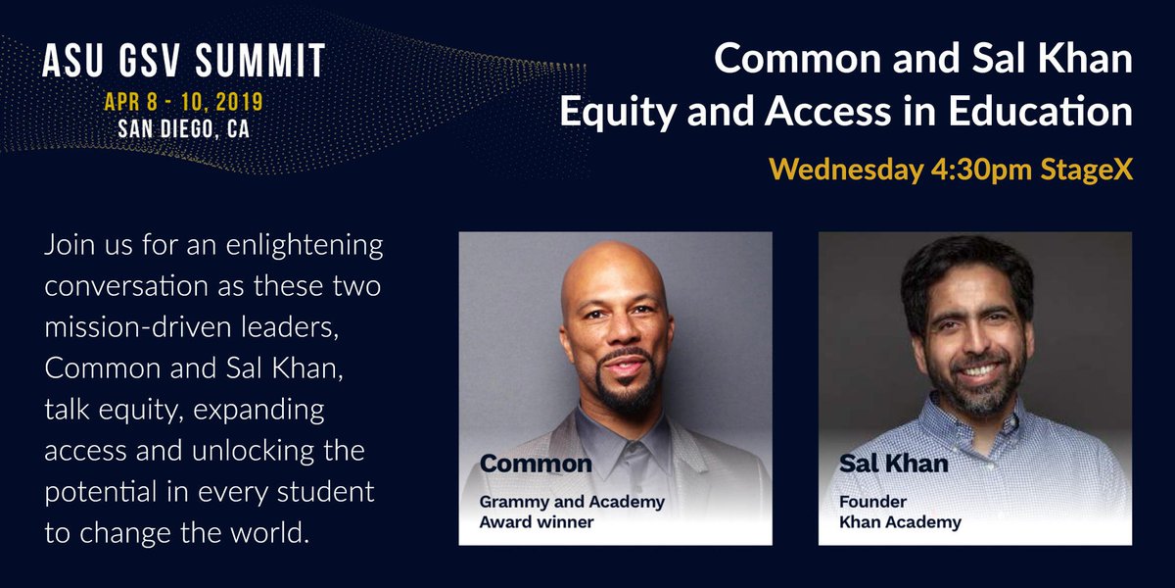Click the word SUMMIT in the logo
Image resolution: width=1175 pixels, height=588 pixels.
pos(260,61)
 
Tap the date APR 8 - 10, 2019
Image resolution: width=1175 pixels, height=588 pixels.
pos(184,102)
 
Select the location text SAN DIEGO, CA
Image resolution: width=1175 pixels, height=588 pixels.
pos(184,129)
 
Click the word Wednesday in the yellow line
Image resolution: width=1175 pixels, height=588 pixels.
pos(846,171)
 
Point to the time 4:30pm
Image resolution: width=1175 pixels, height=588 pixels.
pos(981,171)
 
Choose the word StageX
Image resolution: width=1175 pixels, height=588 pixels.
pos(1086,171)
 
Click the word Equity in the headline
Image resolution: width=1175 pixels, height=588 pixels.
pos(618,113)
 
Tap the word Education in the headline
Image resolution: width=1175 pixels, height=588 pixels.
pos(1040,111)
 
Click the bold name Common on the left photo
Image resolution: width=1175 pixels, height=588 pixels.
pos(536,464)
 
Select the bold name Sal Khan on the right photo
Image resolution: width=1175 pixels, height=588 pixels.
pos(893,463)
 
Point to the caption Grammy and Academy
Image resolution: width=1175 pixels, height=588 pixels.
pos(572,502)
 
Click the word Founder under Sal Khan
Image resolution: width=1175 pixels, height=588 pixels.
pos(872,502)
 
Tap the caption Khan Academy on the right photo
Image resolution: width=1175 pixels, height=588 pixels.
pos(900,522)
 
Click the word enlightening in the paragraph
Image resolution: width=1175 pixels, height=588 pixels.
pos(305,246)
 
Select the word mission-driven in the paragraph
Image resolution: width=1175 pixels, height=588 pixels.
pos(138,326)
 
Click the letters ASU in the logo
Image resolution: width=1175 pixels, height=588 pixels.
pos(72,61)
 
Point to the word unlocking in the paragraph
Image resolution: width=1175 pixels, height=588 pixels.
pos(254,451)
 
